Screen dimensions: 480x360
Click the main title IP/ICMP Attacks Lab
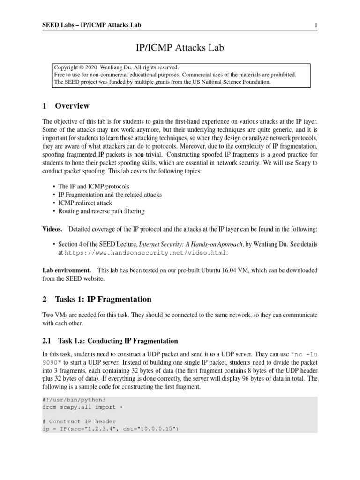coord(180,47)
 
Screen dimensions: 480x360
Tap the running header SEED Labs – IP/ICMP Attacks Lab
coord(91,25)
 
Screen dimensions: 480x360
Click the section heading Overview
coord(72,106)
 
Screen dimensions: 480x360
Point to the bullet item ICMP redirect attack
coord(85,203)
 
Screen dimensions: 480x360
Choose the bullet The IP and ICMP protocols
coord(91,187)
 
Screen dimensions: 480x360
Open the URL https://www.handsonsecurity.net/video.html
coord(146,253)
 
